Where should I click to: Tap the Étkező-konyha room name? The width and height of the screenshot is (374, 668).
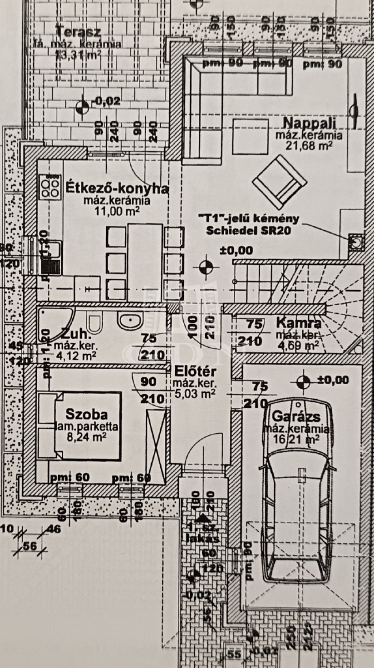click(x=117, y=189)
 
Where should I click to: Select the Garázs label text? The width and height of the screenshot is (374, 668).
click(x=296, y=416)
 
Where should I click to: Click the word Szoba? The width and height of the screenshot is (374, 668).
click(x=87, y=414)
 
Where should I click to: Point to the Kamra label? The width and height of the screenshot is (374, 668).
click(x=299, y=323)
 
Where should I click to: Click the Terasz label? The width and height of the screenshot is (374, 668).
click(x=79, y=31)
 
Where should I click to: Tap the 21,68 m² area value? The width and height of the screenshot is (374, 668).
click(x=309, y=146)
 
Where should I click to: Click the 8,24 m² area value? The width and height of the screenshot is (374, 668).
click(x=87, y=436)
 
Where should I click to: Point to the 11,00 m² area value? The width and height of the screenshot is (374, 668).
click(x=117, y=211)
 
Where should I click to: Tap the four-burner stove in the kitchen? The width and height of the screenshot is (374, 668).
click(x=50, y=186)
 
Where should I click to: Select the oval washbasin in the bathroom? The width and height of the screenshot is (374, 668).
click(x=129, y=321)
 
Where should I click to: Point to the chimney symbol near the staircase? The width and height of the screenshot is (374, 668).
click(x=355, y=242)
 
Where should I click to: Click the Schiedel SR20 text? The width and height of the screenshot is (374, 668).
click(x=248, y=231)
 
